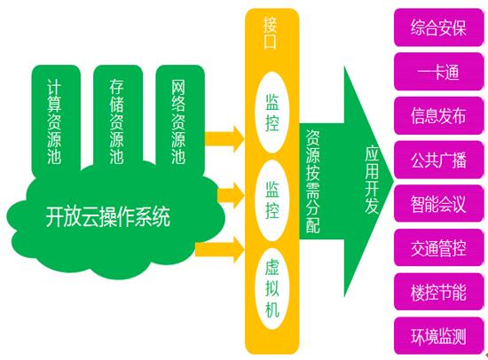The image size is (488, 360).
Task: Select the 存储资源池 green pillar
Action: tap(118, 117)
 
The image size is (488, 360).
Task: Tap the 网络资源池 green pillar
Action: tap(180, 118)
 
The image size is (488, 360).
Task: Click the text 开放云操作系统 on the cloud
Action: tap(108, 216)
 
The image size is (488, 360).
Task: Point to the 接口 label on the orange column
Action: tap(270, 33)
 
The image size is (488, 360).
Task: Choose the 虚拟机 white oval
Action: tap(272, 288)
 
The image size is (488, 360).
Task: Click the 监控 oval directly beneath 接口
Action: tap(272, 113)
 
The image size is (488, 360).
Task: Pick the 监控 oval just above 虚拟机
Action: tap(272, 200)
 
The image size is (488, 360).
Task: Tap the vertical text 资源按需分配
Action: tap(312, 182)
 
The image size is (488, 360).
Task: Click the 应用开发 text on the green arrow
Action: tap(372, 180)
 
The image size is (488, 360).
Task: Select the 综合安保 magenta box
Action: tap(438, 27)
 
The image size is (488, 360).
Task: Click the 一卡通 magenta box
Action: tap(438, 72)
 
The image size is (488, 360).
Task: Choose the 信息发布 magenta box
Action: tap(438, 116)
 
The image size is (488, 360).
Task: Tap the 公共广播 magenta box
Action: tap(438, 160)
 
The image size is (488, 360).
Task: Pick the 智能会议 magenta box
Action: tap(438, 204)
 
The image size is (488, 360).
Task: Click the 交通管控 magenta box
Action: tap(438, 248)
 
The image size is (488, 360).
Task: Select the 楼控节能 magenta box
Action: tap(438, 292)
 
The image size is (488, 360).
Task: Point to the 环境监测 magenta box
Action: tap(438, 336)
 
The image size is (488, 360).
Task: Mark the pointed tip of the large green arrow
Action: tap(394, 181)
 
